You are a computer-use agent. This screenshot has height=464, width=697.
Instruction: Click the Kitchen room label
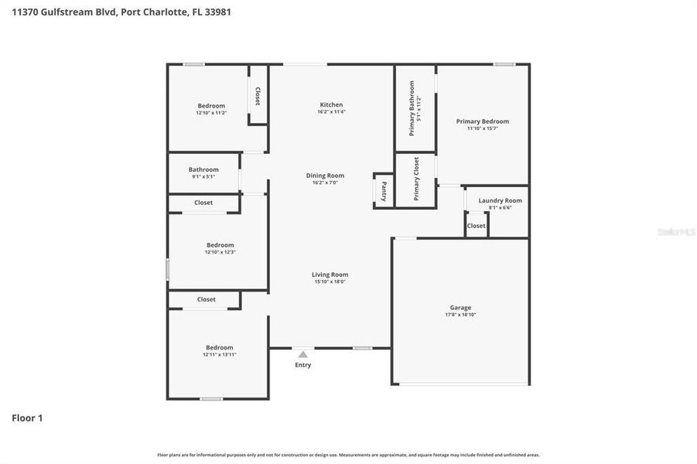tap(331, 105)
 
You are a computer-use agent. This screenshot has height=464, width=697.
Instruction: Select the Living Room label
tap(330, 275)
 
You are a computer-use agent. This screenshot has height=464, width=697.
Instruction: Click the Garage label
tap(460, 308)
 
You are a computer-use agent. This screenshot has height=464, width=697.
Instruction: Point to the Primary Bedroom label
tap(482, 121)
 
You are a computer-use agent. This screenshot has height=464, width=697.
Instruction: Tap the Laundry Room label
tap(500, 201)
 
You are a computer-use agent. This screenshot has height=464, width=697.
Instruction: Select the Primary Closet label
tap(416, 179)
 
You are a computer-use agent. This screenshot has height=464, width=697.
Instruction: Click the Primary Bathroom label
tap(412, 108)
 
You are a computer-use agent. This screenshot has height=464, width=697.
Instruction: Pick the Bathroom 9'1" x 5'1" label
tap(203, 170)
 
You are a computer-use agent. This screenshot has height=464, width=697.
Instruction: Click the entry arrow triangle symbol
tap(302, 354)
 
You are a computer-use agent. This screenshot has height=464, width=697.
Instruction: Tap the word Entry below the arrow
tap(303, 365)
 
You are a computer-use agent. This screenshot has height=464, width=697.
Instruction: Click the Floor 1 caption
tap(27, 418)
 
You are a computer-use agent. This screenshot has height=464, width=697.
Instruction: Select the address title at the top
tap(121, 12)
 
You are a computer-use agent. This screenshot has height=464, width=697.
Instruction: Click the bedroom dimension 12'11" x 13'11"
tap(219, 354)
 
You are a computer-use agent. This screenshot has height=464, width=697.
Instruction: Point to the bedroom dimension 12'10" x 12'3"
tap(220, 252)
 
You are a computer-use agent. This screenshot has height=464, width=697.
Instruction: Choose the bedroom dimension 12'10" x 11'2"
tap(211, 113)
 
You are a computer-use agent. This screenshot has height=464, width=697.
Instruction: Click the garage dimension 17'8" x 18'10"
tap(460, 315)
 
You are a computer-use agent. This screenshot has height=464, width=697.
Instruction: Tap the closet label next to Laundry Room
tap(477, 226)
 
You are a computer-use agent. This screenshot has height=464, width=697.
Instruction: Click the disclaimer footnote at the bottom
tap(348, 455)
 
